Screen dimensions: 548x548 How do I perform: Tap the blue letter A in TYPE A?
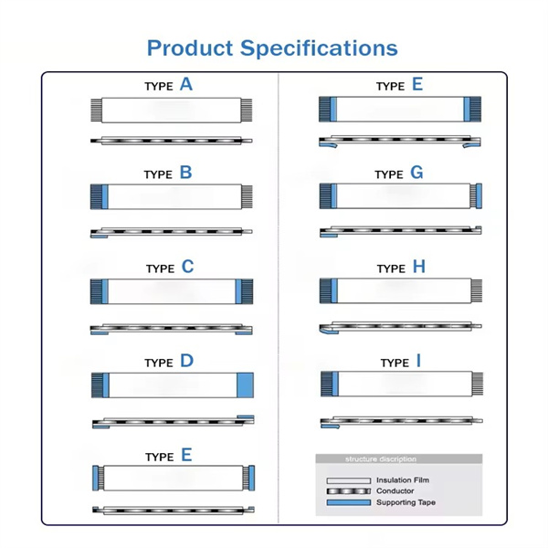click(x=186, y=85)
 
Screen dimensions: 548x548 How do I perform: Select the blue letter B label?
click(x=185, y=172)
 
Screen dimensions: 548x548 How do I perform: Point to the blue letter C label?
click(x=187, y=267)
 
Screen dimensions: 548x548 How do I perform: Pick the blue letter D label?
click(x=186, y=361)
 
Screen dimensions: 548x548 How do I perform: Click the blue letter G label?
click(x=417, y=172)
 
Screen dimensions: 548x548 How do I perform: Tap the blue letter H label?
click(x=419, y=267)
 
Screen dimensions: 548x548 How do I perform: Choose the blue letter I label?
click(x=418, y=361)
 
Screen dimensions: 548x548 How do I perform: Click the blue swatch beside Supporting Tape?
click(x=348, y=503)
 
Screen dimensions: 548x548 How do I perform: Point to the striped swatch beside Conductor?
click(x=348, y=491)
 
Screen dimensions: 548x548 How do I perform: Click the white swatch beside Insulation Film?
click(x=348, y=480)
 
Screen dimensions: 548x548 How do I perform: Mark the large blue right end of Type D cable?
click(x=245, y=385)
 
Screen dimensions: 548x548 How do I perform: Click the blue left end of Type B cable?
click(x=100, y=195)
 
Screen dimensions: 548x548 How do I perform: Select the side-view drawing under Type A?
click(x=172, y=141)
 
